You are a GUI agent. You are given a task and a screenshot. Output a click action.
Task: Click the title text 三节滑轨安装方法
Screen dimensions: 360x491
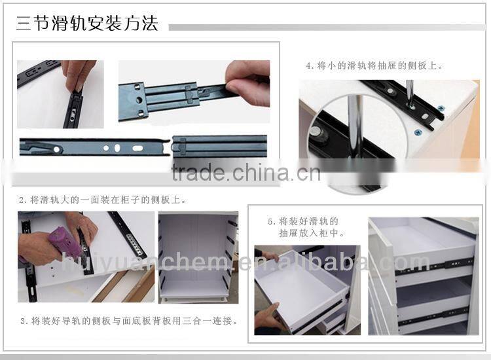(x=87, y=25)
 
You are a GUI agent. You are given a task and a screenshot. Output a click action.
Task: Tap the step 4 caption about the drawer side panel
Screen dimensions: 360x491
(x=374, y=65)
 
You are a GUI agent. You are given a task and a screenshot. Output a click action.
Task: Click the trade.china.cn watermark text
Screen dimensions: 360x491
(x=245, y=173)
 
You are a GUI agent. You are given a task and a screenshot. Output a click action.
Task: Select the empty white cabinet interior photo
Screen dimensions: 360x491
(x=196, y=259)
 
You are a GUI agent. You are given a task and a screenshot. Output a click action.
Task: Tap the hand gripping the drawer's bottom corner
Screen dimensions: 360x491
(x=269, y=317)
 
